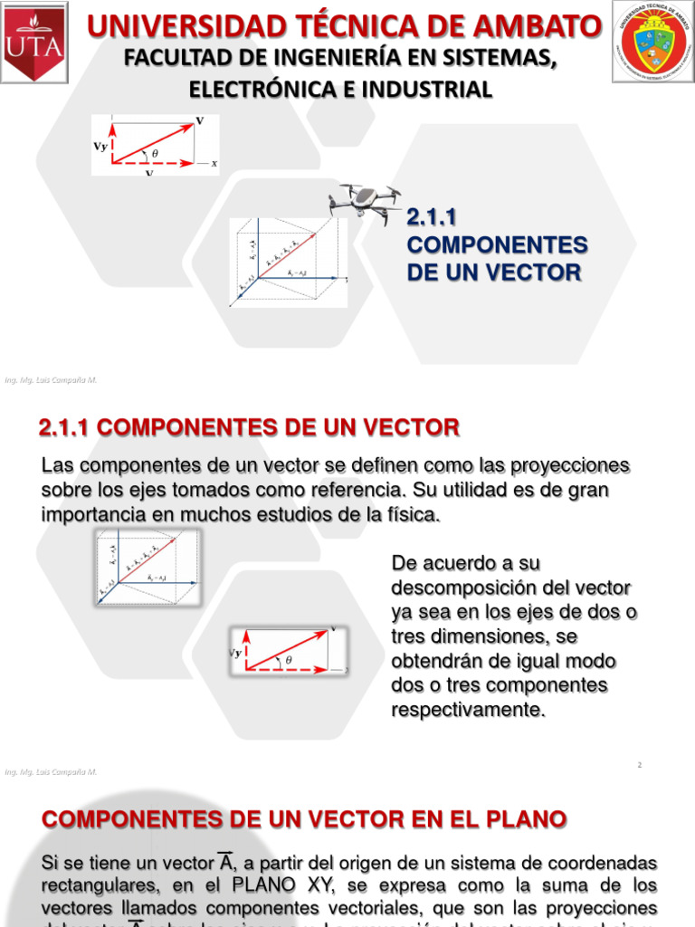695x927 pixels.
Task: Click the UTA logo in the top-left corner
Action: coord(34,42)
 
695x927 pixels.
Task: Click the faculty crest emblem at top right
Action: coord(652,42)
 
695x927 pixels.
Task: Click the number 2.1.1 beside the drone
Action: coord(433,217)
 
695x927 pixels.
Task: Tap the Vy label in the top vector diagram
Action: coord(100,146)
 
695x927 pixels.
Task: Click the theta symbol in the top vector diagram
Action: coord(155,153)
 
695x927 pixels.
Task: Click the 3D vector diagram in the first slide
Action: coord(288,263)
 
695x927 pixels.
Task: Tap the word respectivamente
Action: coord(468,710)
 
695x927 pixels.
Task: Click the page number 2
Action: coord(639,765)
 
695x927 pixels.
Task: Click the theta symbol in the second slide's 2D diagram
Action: coord(289,660)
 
